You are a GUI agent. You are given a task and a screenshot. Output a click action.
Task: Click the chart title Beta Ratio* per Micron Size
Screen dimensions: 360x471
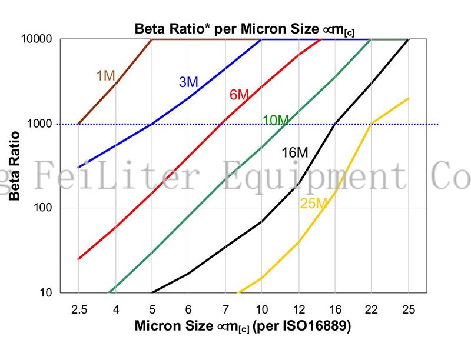coord(244,28)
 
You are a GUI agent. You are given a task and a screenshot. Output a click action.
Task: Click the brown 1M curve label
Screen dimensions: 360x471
coord(106,75)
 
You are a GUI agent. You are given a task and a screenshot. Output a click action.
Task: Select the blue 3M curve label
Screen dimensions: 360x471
coord(188,82)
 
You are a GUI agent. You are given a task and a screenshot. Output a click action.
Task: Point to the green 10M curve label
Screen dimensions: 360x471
coord(276,121)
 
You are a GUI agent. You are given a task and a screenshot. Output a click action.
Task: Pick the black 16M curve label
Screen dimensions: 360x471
coord(295,153)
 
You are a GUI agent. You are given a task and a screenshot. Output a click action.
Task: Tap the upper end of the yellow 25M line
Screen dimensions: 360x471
coord(408,98)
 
